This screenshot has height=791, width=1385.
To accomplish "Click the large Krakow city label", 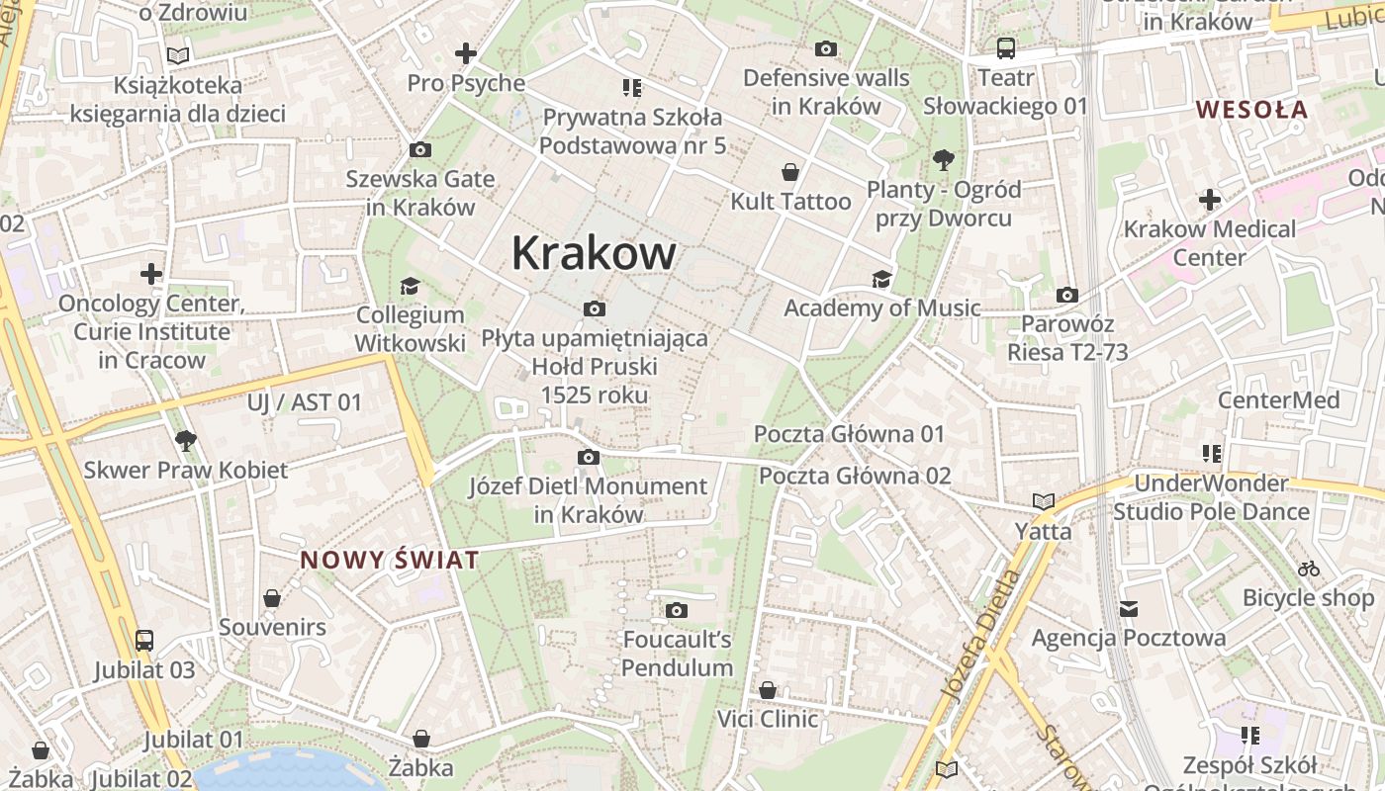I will pos(594,254).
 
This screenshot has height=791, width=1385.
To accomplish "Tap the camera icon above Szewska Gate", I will pos(419,150).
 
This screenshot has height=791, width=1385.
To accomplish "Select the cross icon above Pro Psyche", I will pos(465,53).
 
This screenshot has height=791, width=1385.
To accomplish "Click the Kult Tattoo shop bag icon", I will pos(789,173).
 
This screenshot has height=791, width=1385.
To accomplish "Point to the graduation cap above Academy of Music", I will pos(881,280).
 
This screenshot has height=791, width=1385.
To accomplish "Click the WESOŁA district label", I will pos(1251,110).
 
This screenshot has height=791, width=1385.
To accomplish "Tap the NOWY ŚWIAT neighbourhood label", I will pos(390,561).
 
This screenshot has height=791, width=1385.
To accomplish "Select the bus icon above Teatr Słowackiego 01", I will pos(1005,48).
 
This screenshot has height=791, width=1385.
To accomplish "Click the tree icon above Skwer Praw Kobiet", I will pos(185,441).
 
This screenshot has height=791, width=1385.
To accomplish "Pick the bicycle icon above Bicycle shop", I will pos(1308,569).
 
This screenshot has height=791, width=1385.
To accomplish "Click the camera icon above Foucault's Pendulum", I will pos(677,611).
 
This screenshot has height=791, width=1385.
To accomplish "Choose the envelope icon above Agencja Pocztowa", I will pos(1129,609).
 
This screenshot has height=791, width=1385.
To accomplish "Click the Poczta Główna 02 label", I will pos(855,476).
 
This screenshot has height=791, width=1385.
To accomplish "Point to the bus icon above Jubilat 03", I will pos(144,641).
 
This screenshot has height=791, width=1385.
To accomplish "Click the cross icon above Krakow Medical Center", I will pos(1209,200).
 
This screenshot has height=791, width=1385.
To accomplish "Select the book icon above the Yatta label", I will pos(1043,502).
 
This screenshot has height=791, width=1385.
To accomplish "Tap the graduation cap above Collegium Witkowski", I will pos(410,287).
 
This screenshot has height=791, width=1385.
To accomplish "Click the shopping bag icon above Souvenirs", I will pos(272,598).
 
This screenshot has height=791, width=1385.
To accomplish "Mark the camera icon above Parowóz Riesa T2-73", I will pos(1066,295).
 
